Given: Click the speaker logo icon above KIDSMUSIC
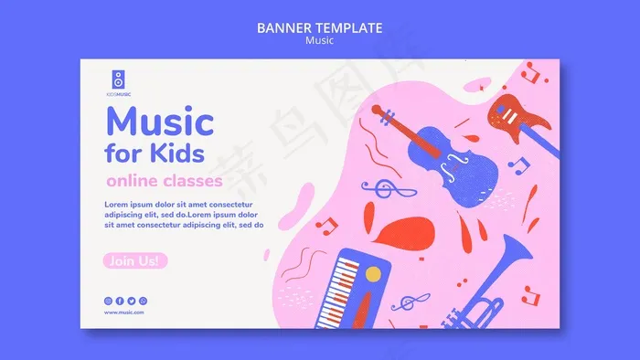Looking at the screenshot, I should tap(116, 79).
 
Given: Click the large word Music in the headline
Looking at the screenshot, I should tap(160, 121).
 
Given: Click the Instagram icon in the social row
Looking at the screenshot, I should tap(108, 301).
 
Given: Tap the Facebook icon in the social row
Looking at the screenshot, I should tap(120, 301).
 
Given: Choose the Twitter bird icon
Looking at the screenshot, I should tap(132, 301).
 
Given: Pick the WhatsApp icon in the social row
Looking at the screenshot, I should tap(144, 301).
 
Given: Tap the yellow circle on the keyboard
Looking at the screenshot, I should tap(373, 273).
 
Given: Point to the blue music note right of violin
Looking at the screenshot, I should tap(518, 164).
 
